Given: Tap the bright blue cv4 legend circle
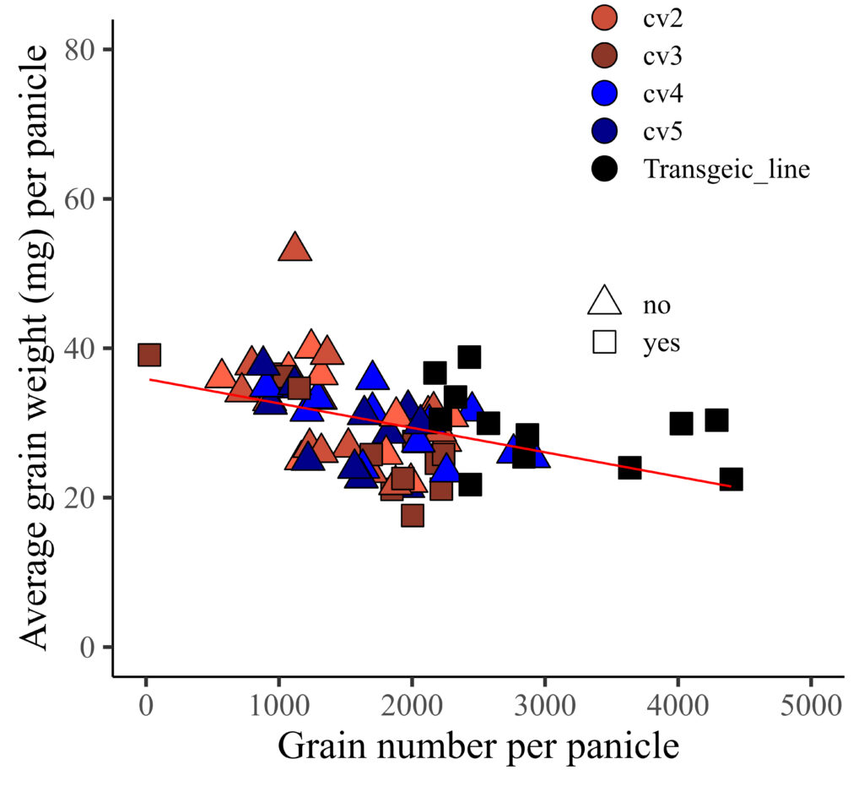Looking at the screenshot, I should [x=606, y=94].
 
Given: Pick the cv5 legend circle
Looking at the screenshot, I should [x=606, y=131].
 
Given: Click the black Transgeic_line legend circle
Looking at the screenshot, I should [x=606, y=168].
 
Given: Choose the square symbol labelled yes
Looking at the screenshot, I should [x=605, y=341].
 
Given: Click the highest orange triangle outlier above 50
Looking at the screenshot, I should [x=295, y=247].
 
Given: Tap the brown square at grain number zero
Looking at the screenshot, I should [x=149, y=355].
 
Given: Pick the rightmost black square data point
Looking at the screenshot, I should [x=731, y=479].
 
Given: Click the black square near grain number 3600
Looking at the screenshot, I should [x=629, y=467].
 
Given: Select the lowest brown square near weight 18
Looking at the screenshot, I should [x=412, y=515].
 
